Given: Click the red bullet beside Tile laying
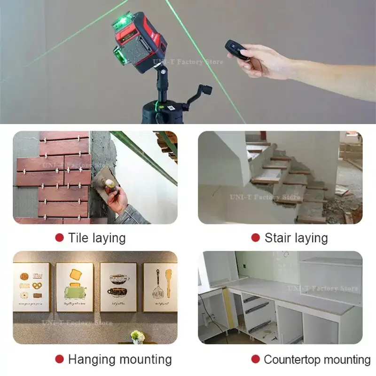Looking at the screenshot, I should coord(59,238).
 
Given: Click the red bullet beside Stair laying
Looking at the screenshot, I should coord(255,238).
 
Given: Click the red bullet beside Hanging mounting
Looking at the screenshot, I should coord(59,360).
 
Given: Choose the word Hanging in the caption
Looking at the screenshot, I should coord(92,360).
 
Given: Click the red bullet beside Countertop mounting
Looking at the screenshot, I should coord(255,360).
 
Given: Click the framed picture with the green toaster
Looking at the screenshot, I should coord(75,287).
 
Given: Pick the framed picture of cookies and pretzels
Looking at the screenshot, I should coord(31,287).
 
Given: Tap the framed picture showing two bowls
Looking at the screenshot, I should coord(118,287).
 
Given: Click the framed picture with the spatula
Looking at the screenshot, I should coord(160,287).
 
